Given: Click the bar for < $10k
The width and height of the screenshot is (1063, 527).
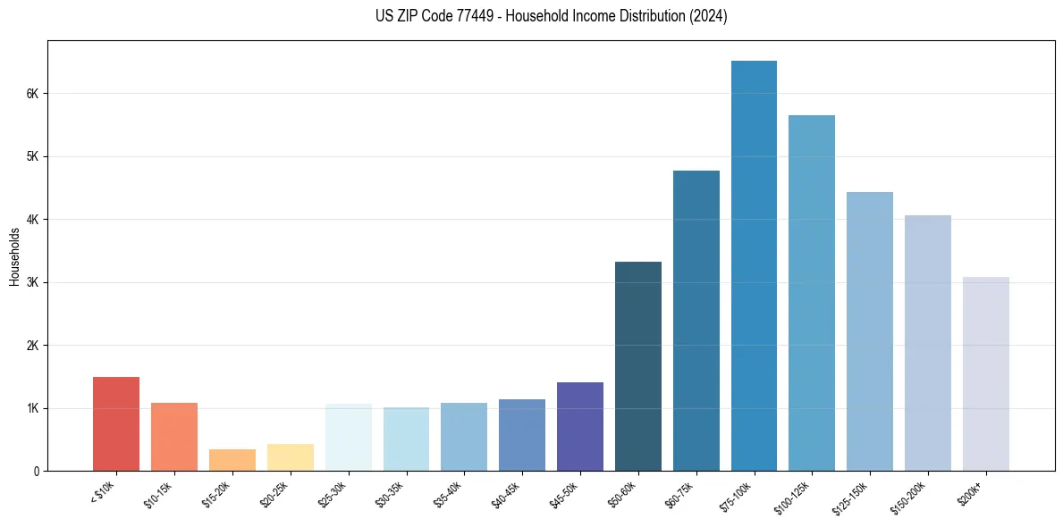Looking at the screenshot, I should click(116, 423).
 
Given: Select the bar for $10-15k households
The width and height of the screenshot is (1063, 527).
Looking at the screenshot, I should click(174, 437).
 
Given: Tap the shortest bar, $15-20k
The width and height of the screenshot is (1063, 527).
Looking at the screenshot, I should click(232, 460).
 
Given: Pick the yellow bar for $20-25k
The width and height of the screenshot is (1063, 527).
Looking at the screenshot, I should click(291, 457).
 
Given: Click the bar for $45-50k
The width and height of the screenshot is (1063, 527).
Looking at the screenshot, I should click(580, 426).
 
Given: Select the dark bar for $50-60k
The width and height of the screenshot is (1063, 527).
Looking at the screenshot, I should click(638, 366).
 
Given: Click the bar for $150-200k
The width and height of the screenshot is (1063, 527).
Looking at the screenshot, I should click(928, 343).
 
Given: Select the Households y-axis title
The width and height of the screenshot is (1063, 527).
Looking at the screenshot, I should click(14, 256).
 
